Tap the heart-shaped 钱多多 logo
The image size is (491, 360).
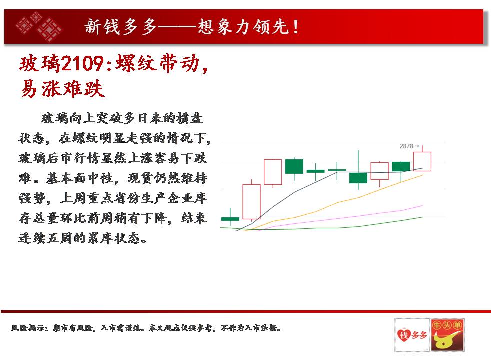[x=412, y=335]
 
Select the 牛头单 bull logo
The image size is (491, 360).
[x=447, y=335]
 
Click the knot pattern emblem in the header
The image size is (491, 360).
[x=39, y=27]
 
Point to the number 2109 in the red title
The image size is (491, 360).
[x=82, y=63]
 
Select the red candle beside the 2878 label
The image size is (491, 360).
[x=422, y=160]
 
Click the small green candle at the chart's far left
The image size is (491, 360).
[x=230, y=219]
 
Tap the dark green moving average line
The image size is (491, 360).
[x=322, y=228]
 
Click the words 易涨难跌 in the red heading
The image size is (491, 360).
[x=62, y=89]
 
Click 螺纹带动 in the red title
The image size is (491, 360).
[x=157, y=63]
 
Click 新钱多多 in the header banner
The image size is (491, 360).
[x=121, y=27]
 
